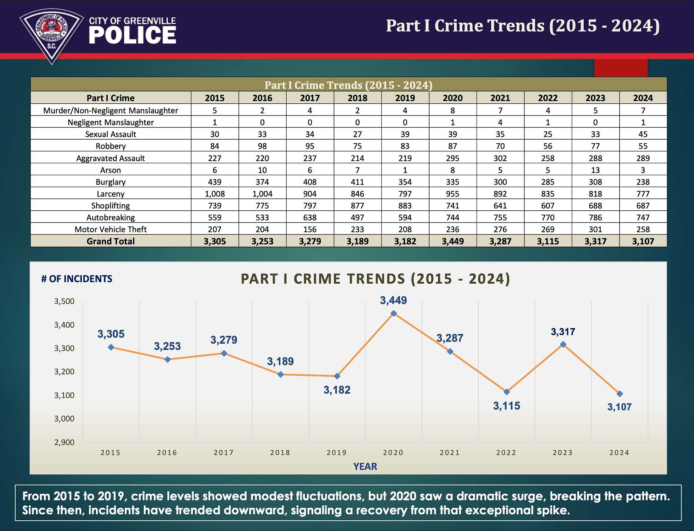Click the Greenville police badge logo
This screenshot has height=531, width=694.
click(x=51, y=35)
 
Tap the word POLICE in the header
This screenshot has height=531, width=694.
click(x=132, y=36)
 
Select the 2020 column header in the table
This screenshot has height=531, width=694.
click(x=453, y=98)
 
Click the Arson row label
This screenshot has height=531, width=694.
click(x=110, y=170)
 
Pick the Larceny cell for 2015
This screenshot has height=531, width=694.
click(x=215, y=194)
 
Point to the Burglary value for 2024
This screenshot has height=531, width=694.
click(x=643, y=182)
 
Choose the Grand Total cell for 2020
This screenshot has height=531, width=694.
click(x=453, y=241)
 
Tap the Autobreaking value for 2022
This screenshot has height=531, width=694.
click(x=548, y=217)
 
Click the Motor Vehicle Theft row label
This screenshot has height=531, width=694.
click(x=110, y=229)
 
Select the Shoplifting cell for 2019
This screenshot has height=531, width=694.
click(x=405, y=206)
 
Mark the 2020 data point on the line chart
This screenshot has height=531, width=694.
click(x=394, y=313)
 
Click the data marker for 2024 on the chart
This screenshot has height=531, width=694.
click(x=620, y=394)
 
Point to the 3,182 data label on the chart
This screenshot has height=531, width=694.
click(x=337, y=390)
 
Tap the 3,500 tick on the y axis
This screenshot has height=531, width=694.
click(x=64, y=301)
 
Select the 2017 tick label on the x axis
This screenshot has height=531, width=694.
click(x=224, y=452)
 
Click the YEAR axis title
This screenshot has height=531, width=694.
click(x=365, y=466)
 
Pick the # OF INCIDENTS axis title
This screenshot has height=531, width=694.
click(x=77, y=279)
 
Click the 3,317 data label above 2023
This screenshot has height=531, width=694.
click(x=563, y=332)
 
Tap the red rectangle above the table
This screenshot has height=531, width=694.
click(x=621, y=68)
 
